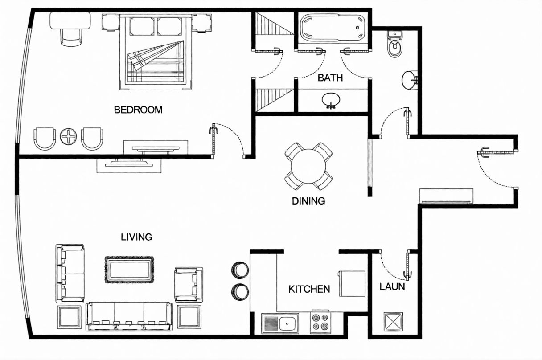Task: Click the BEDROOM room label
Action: coord(138,110)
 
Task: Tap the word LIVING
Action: coord(136,237)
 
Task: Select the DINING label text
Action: coord(308,201)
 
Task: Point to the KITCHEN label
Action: coord(309,289)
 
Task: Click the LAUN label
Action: coord(392,286)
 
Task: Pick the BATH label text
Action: coord(330,78)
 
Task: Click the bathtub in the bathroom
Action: coord(333,28)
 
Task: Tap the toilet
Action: coord(395,44)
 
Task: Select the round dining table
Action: coord(308,166)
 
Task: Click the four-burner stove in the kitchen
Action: coord(320,322)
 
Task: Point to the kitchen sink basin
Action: coord(287,323)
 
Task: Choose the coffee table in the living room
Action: coord(129,270)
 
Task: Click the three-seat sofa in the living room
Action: coord(129,316)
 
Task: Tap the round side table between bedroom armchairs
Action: coord(68,137)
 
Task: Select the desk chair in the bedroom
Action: coord(71,36)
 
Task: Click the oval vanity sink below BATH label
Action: coord(331,100)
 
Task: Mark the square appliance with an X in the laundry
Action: coord(393,322)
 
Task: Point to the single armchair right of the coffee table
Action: coord(189,285)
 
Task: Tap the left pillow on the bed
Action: coord(142,26)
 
